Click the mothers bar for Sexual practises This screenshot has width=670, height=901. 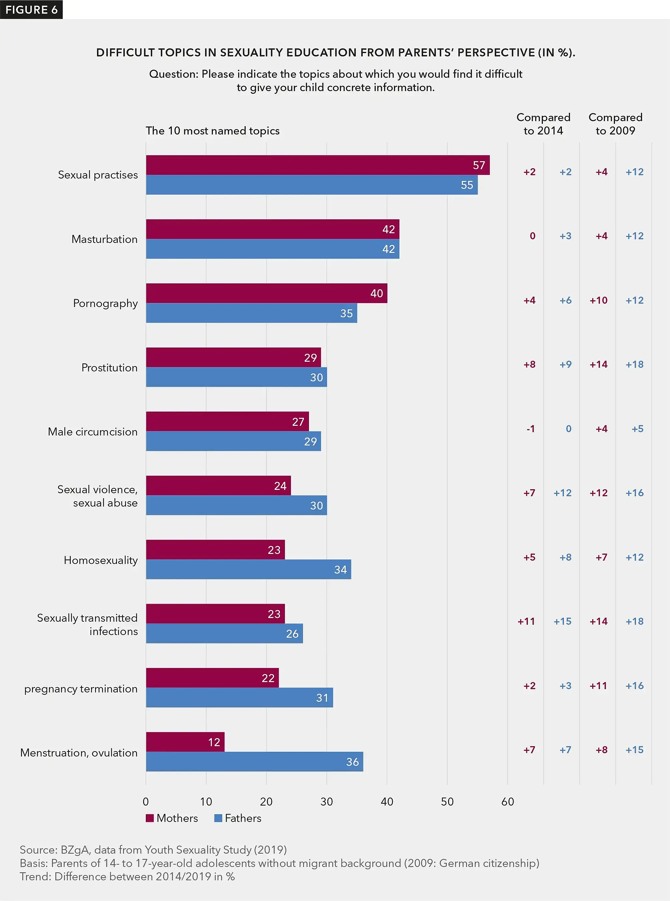coord(318,165)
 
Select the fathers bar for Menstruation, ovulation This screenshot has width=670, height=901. coord(254,762)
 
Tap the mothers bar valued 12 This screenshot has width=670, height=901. coord(185,742)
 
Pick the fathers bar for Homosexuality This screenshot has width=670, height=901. coord(248,569)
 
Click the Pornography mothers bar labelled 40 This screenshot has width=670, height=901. coord(267,293)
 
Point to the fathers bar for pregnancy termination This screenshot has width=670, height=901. coord(239,697)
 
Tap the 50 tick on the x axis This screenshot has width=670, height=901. coord(447,802)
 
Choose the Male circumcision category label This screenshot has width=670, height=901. coord(92,431)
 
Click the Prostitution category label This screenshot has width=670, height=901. coord(109,367)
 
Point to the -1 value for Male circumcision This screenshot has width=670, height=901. coord(531,429)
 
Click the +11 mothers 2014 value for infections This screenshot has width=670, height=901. coord(526,621)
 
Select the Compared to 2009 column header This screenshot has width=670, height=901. coord(615,124)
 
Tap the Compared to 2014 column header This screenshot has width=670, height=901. coord(543,124)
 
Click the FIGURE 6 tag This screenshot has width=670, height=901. coord(31,9)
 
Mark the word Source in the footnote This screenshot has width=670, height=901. coord(38,850)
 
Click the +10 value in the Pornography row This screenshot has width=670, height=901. coord(598,300)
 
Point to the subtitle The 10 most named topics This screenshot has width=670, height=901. coord(213,130)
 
